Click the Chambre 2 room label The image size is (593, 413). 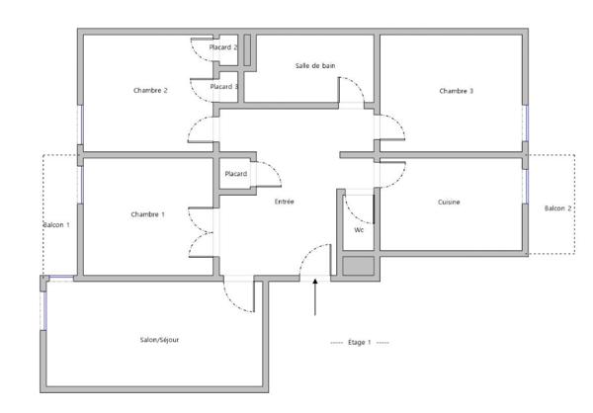point(150,90)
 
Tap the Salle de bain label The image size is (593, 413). point(315,66)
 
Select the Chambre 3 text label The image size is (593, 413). point(456,91)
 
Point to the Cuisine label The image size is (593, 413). point(449,202)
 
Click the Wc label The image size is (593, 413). point(359,230)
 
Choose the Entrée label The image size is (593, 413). point(284,202)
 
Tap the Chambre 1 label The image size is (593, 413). point(147,214)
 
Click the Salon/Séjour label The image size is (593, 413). point(159,340)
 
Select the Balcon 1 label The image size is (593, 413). point(56,225)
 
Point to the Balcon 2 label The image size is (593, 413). point(557,208)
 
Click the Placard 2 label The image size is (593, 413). point(223,47)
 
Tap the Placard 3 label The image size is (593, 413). point(224,87)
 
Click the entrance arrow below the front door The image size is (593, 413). point(315,296)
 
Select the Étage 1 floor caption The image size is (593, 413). point(360,342)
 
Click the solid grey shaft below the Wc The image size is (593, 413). point(358,266)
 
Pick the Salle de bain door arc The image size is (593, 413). point(357,84)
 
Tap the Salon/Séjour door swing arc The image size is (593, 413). point(232,301)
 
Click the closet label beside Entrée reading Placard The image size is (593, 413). point(236,174)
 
